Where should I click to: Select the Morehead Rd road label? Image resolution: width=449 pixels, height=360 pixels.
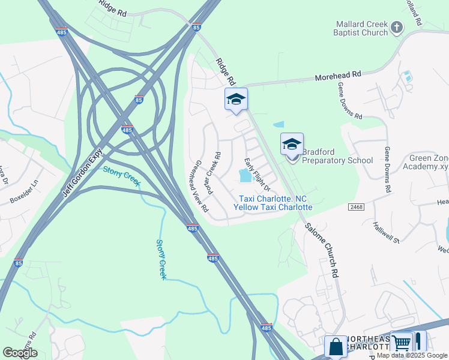point(339,76)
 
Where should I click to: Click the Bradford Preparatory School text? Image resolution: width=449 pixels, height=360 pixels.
point(337,156)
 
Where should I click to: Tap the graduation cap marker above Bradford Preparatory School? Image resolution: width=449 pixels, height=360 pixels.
point(292,144)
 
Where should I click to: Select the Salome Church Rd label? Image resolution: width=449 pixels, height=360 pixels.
point(321,250)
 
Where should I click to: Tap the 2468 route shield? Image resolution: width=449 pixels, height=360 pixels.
point(356,206)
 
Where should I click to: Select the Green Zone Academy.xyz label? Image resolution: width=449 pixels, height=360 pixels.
point(429,162)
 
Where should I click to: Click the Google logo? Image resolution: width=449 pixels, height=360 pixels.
point(20,353)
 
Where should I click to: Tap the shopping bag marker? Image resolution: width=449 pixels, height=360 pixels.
point(335,346)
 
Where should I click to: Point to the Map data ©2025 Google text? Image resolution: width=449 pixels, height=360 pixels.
point(412,355)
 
